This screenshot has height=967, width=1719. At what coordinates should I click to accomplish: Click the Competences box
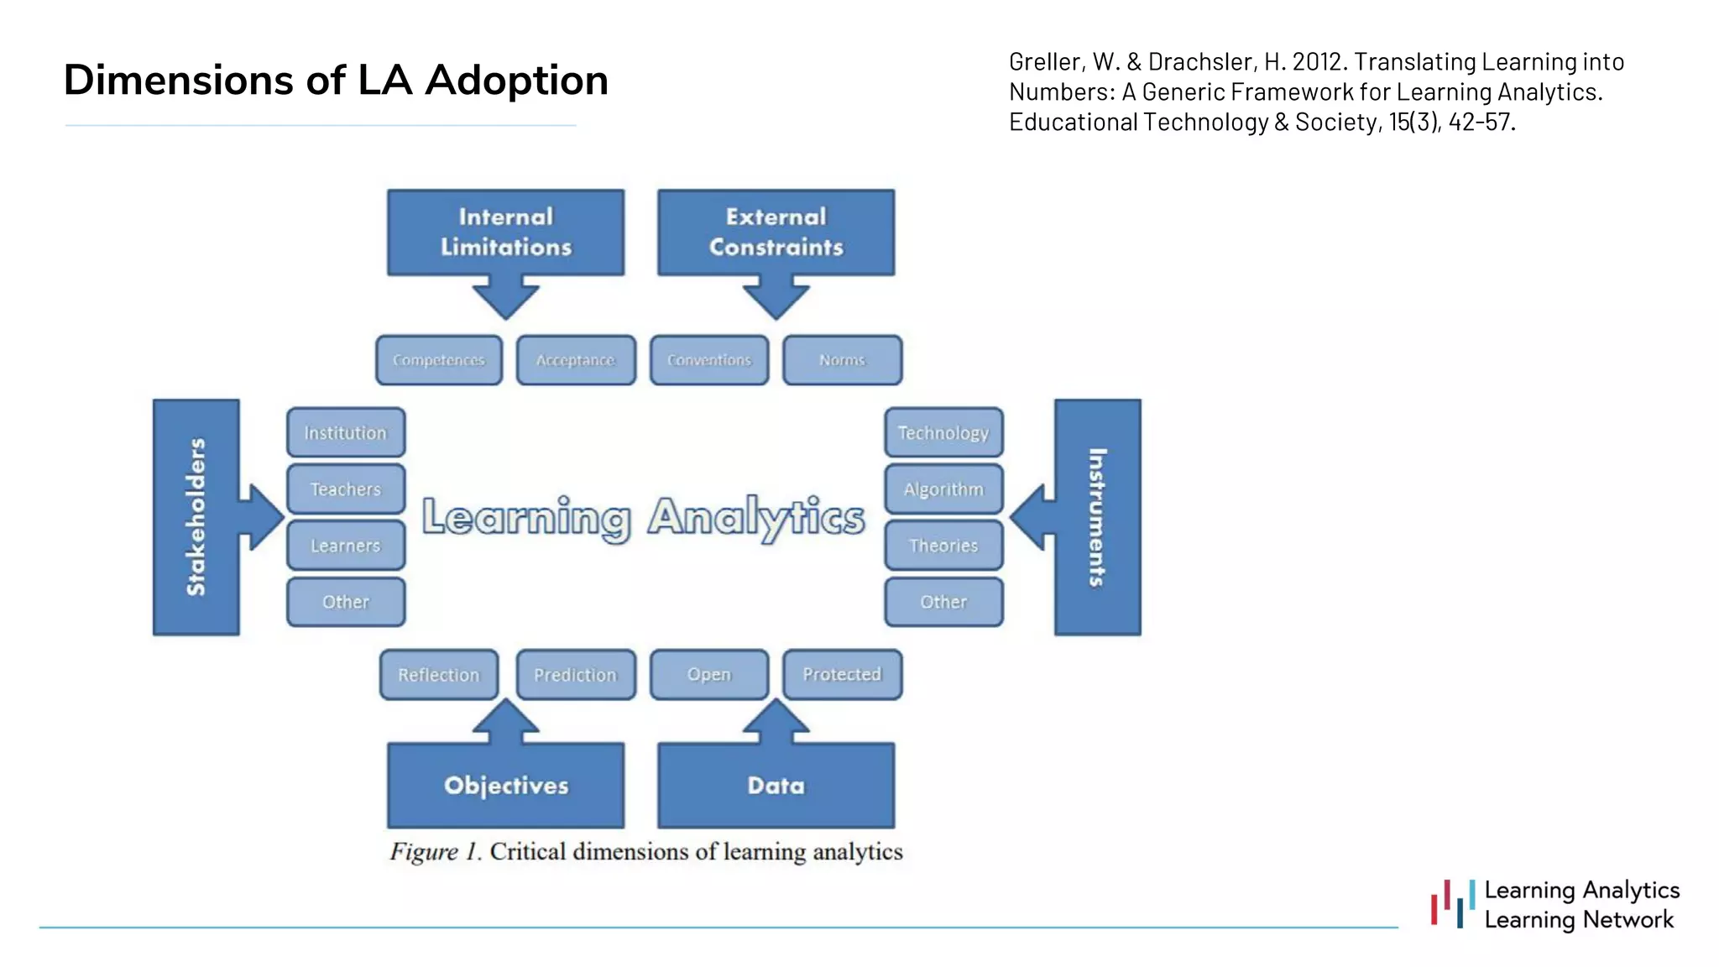[x=438, y=360]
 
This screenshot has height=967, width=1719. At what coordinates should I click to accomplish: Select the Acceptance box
[x=576, y=360]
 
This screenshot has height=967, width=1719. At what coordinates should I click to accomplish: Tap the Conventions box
[x=709, y=360]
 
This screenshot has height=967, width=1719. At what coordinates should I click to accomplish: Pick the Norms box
[x=842, y=360]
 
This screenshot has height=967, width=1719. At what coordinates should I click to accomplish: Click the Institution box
[x=346, y=433]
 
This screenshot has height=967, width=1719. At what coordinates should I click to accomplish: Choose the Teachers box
[x=346, y=489]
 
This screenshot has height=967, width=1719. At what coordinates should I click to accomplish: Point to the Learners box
[x=346, y=546]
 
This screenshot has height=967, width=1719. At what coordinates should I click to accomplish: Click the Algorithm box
[x=943, y=489]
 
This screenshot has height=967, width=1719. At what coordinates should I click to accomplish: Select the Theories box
[x=943, y=546]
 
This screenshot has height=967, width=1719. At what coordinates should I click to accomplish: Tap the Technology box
[x=943, y=433]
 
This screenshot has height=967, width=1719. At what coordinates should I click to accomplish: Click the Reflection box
[x=438, y=675]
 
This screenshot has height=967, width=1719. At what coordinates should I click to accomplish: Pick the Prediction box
[x=576, y=675]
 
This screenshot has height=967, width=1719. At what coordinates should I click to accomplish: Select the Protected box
[x=842, y=675]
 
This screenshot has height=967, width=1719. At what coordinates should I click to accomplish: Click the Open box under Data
[x=709, y=675]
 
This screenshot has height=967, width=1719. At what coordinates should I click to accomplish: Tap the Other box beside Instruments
[x=943, y=602]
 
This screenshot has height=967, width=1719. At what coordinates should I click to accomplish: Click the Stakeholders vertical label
[x=196, y=517]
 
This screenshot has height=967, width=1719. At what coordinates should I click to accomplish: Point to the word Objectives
[x=506, y=786]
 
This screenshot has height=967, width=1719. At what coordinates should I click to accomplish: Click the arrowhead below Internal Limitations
[x=505, y=302]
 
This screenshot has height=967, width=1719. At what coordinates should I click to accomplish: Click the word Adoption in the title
[x=516, y=81]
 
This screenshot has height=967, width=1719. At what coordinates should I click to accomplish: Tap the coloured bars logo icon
[x=1453, y=904]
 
